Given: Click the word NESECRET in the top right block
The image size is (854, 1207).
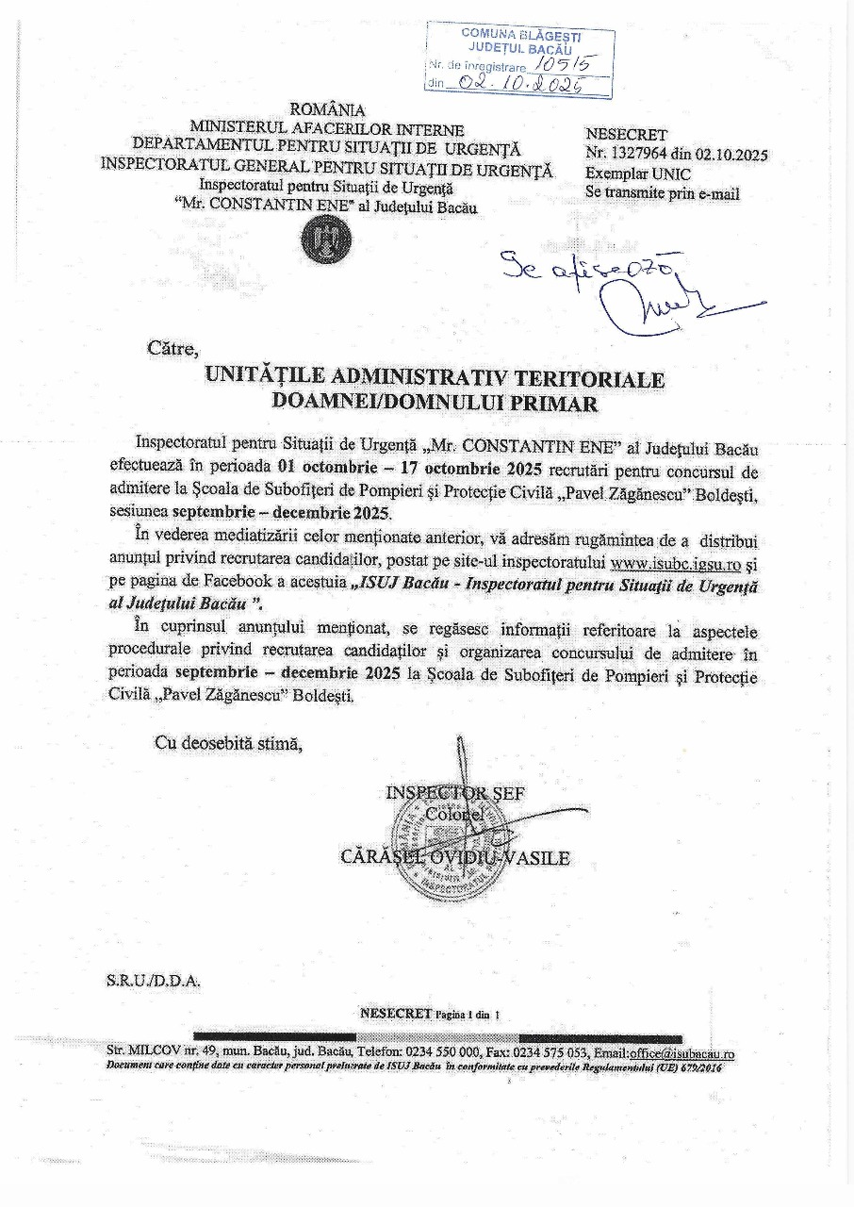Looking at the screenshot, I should click(626, 135).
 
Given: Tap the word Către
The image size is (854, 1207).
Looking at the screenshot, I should click(172, 347).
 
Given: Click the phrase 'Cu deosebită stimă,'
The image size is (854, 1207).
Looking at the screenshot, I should click(229, 743).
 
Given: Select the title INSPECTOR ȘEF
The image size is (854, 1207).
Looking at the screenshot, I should click(456, 793).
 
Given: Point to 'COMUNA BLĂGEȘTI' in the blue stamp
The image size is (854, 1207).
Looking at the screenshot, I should click(521, 34).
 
